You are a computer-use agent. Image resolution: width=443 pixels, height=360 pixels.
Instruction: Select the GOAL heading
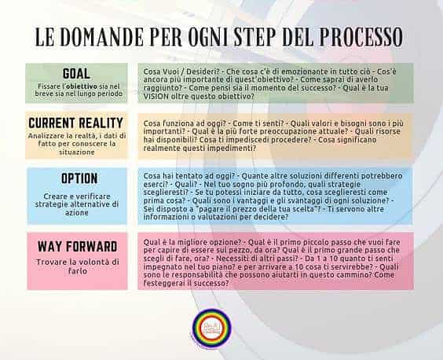click(x=76, y=72)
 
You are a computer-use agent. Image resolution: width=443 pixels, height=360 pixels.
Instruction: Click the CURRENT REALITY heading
click(x=76, y=123)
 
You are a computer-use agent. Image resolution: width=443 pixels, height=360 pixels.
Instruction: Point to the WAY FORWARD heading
click(x=76, y=246)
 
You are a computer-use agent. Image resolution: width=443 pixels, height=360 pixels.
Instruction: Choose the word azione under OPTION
click(x=76, y=215)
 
